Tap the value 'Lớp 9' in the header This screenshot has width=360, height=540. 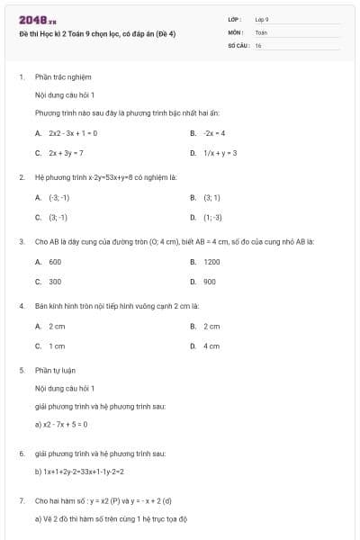click(x=262, y=19)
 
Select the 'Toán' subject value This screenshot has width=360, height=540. click(x=261, y=31)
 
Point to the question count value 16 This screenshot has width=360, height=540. click(x=257, y=44)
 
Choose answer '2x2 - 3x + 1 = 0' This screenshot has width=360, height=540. click(x=73, y=132)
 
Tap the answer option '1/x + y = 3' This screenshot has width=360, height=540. click(x=220, y=153)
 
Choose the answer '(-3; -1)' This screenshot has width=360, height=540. click(x=58, y=196)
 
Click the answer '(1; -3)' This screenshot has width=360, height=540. click(x=212, y=217)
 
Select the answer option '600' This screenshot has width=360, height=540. click(x=55, y=261)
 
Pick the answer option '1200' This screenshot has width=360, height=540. click(x=211, y=261)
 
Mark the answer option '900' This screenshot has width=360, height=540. click(x=210, y=282)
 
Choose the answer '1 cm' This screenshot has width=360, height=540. click(x=57, y=346)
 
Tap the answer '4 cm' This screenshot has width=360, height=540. click(x=211, y=346)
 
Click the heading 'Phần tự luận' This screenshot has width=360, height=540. click(x=56, y=370)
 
